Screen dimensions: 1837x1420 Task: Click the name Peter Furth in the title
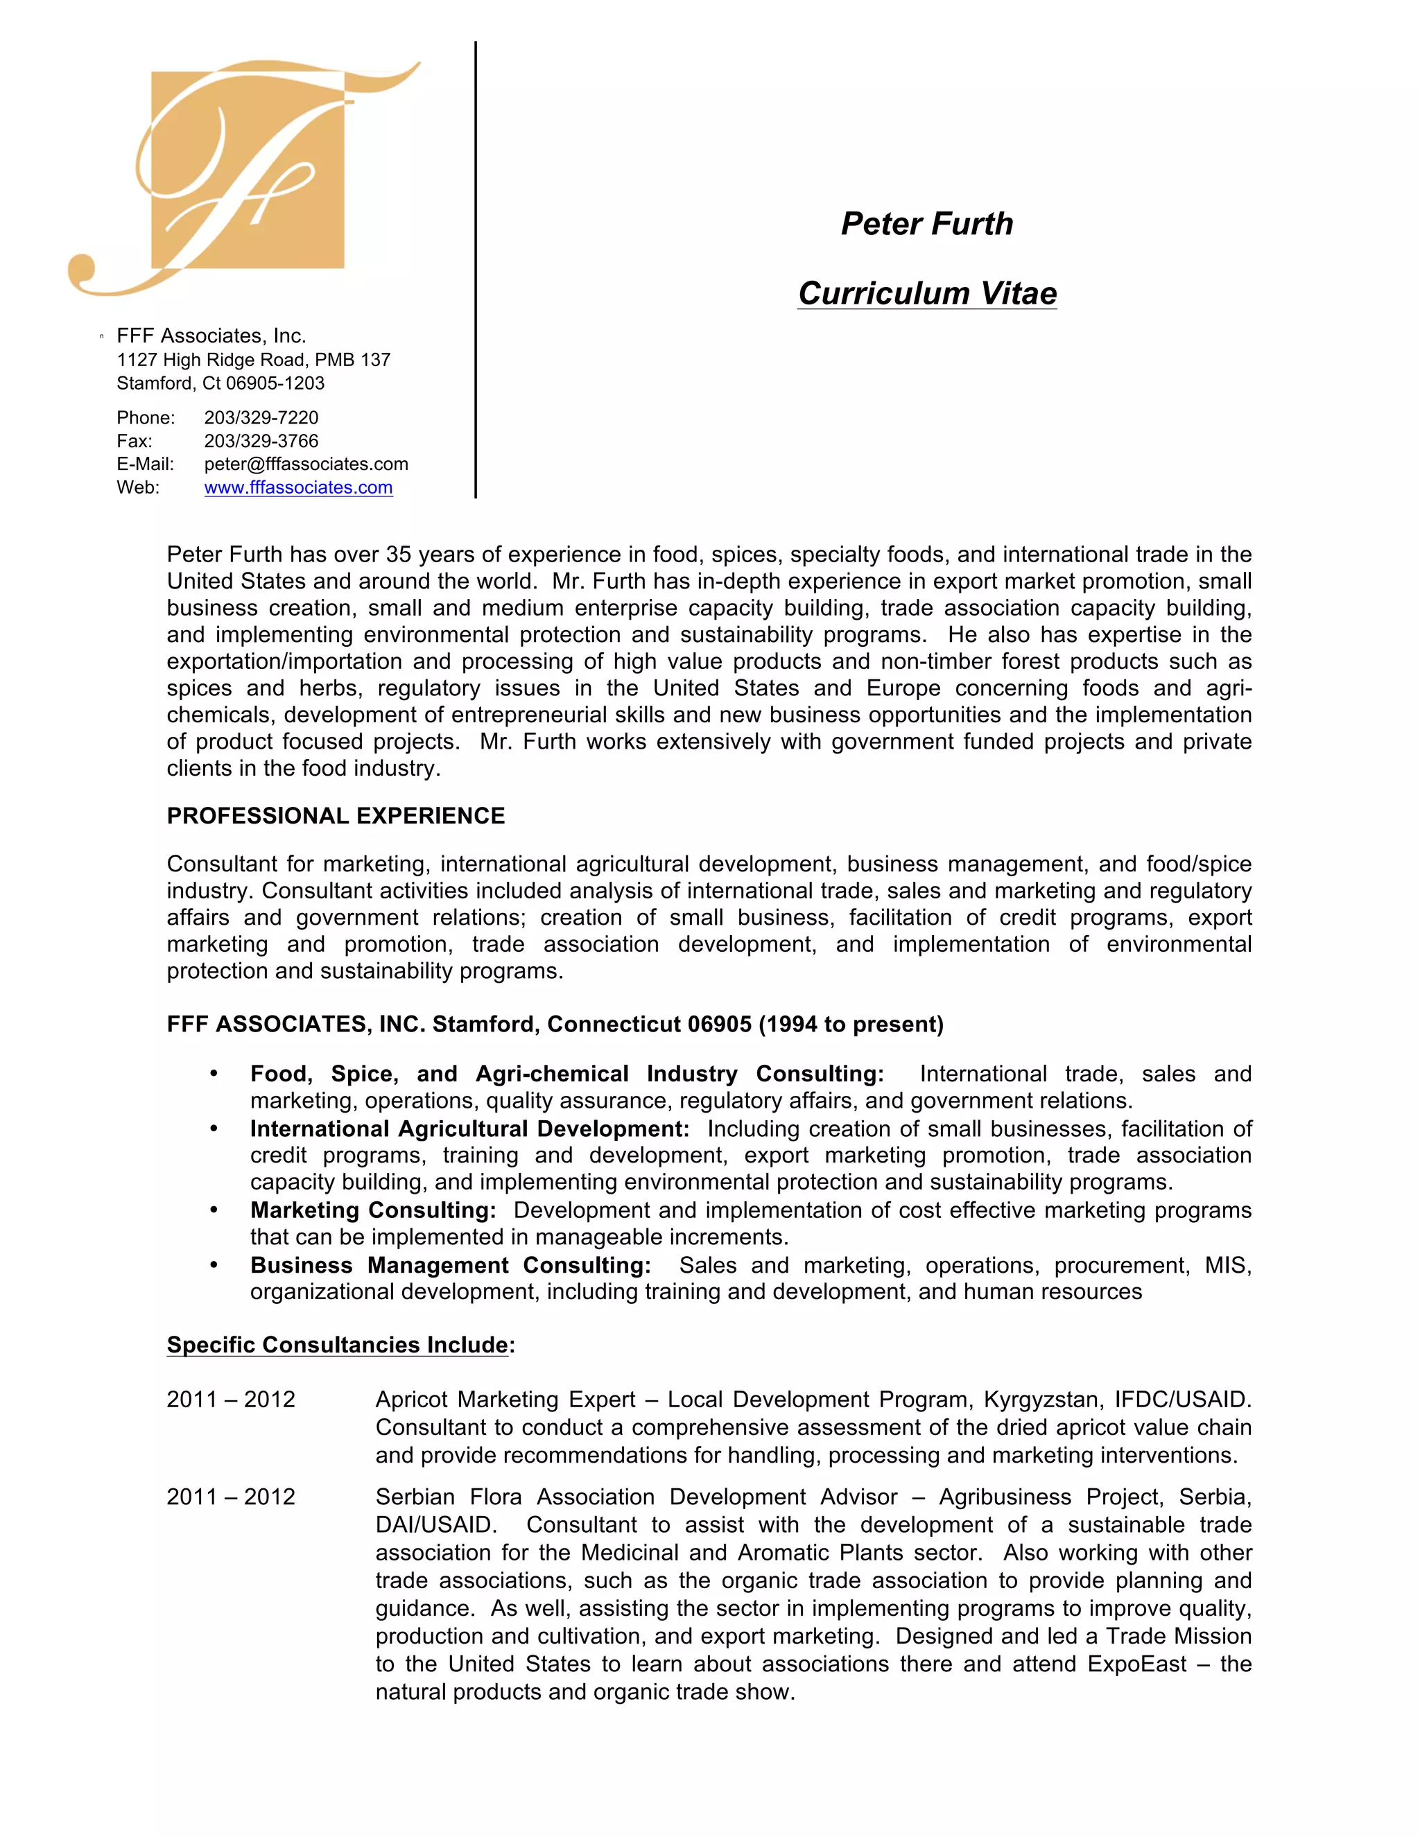(927, 224)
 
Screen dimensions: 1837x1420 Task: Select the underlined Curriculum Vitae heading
(927, 293)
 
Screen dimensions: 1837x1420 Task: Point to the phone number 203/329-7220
(261, 418)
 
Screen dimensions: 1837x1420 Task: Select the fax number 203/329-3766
(261, 441)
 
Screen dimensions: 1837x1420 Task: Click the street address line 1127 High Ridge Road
(252, 360)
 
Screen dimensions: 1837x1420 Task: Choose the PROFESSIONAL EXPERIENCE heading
(336, 816)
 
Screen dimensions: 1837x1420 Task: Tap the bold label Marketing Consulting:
(372, 1210)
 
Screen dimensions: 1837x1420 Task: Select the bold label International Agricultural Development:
(469, 1129)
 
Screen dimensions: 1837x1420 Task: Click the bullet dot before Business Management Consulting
(214, 1265)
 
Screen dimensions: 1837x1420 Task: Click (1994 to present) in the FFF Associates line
(851, 1025)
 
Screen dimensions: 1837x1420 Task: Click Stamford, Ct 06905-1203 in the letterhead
(220, 383)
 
